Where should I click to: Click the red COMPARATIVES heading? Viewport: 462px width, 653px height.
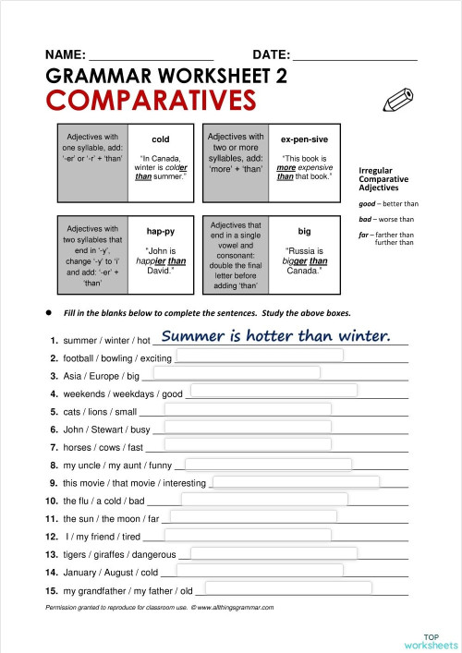pos(150,99)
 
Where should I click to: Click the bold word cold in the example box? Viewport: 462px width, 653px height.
pos(160,139)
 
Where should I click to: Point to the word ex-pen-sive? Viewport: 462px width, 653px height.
pos(304,139)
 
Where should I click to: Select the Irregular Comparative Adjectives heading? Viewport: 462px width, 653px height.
pos(383,178)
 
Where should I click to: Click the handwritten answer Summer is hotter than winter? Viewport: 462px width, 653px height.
pos(276,336)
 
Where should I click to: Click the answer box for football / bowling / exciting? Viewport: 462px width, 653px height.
pos(259,357)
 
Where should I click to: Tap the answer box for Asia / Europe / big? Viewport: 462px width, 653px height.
pos(237,373)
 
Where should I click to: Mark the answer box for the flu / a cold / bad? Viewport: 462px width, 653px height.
pos(264,500)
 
